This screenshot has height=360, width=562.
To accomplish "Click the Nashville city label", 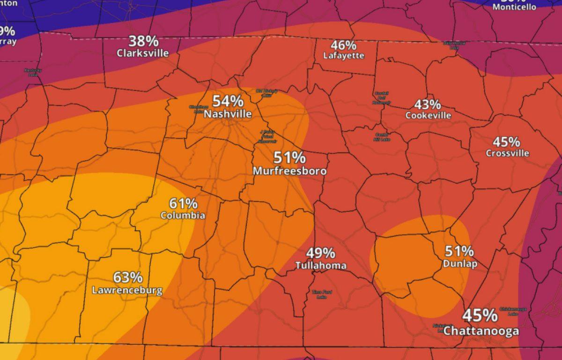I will [x=228, y=114].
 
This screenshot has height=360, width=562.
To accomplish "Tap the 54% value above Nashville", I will [x=228, y=101].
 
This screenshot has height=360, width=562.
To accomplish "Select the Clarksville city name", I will [x=143, y=53].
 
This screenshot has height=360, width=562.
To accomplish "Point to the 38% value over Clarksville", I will [x=143, y=41].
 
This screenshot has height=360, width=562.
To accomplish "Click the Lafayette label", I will [x=344, y=55].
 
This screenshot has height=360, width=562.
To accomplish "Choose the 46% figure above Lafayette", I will [x=344, y=45].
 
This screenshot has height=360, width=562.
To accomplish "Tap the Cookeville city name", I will [x=428, y=115].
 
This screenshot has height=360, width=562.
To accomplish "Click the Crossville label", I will [x=507, y=153].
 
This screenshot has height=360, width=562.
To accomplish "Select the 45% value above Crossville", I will [x=506, y=141].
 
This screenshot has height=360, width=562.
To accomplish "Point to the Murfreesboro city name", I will [x=289, y=171].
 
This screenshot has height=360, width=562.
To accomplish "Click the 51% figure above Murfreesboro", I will [x=289, y=157].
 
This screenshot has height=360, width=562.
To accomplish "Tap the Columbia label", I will [x=183, y=216].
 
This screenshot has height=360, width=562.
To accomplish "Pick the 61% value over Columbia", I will [x=183, y=203].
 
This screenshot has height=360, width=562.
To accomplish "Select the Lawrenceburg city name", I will [x=127, y=290].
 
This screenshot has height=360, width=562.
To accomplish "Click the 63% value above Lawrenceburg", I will [x=127, y=277].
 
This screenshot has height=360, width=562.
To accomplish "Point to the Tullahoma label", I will [x=321, y=266].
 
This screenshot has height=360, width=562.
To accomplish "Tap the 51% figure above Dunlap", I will [x=459, y=251].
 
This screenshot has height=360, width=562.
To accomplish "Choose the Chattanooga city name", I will [x=481, y=331].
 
